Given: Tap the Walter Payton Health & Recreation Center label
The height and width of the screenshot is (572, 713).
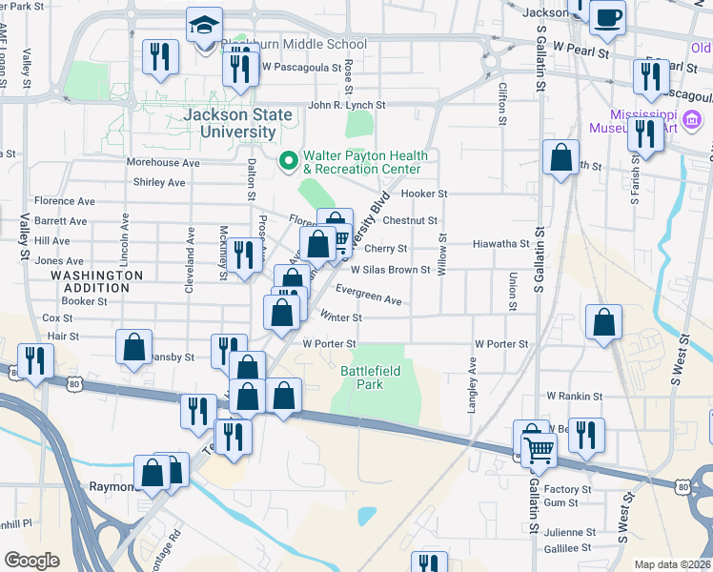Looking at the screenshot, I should click(x=365, y=162).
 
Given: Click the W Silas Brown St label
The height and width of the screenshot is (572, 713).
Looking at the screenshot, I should click(x=391, y=270).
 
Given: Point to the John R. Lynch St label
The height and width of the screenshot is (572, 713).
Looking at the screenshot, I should click(x=346, y=106).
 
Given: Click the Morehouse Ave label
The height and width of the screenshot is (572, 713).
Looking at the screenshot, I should click(x=163, y=163).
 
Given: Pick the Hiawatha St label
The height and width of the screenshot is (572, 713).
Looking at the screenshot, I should click(x=500, y=244).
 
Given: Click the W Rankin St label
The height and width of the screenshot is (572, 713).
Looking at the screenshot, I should click(x=574, y=396).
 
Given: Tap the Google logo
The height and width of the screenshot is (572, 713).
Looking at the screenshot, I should click(x=31, y=561).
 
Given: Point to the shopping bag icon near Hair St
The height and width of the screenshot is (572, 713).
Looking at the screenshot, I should click(x=134, y=346).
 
